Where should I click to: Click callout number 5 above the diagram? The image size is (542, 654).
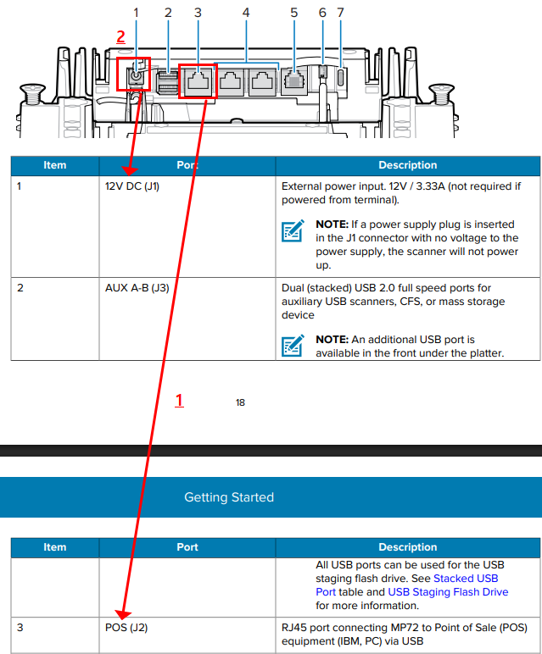click(x=293, y=13)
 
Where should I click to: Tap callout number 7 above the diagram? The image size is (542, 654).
click(x=341, y=13)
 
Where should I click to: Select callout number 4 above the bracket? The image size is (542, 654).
click(x=246, y=13)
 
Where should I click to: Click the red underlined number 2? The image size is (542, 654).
click(x=120, y=36)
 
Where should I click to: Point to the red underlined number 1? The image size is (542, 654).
click(x=179, y=400)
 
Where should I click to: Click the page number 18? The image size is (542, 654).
click(x=240, y=402)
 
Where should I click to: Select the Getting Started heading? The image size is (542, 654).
click(x=229, y=497)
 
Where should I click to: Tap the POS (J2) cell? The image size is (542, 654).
click(x=125, y=628)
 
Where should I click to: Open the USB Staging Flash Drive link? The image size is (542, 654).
click(x=448, y=592)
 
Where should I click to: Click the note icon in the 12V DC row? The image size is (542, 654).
click(x=293, y=231)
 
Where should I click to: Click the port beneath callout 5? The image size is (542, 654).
click(x=293, y=81)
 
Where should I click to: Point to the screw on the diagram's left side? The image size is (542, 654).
click(x=31, y=91)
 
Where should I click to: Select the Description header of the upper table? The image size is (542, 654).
click(x=407, y=165)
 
